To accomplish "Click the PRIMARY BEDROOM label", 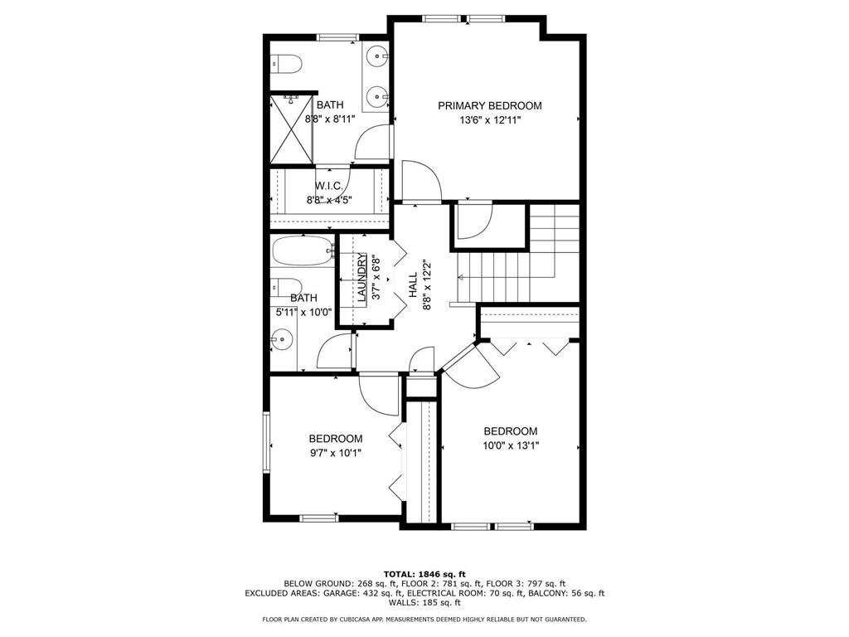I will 489,105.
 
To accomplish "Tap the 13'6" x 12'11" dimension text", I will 489,120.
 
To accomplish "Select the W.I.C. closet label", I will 329,186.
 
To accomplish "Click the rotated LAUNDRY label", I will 362,276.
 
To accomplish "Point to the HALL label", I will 413,284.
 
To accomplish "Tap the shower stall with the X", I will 290,129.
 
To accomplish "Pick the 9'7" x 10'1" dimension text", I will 335,453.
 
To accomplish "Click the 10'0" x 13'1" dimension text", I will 510,445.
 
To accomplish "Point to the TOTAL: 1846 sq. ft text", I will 424,574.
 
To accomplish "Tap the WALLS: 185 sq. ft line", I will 424,603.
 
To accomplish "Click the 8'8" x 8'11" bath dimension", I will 329,119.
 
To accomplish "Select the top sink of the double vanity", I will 378,57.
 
